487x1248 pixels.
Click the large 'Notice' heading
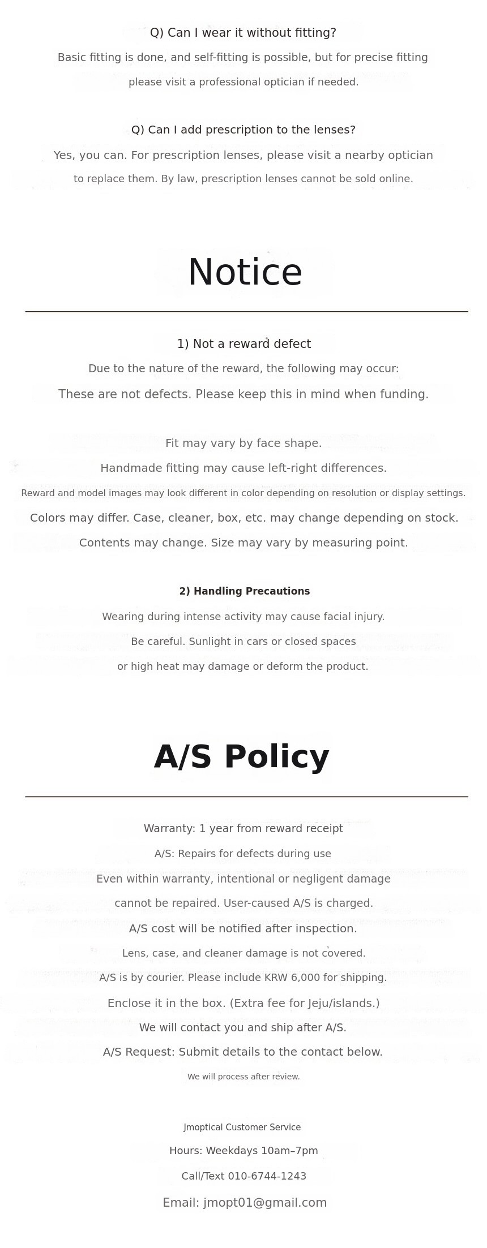pyautogui.click(x=245, y=273)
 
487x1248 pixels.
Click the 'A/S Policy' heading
pyautogui.click(x=242, y=757)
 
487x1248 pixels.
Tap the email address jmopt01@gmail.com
pyautogui.click(x=264, y=1202)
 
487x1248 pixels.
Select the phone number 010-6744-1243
pyautogui.click(x=267, y=1176)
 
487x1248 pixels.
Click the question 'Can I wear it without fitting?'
pyautogui.click(x=243, y=33)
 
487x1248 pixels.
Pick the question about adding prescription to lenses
pyautogui.click(x=243, y=130)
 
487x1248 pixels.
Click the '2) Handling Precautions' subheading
pyautogui.click(x=244, y=591)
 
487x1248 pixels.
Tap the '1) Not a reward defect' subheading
pyautogui.click(x=244, y=344)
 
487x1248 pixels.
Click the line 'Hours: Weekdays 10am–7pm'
pyautogui.click(x=244, y=1150)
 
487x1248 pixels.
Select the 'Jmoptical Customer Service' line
pyautogui.click(x=242, y=1127)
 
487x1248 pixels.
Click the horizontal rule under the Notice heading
pyautogui.click(x=246, y=311)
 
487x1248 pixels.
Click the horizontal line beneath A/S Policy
pyautogui.click(x=246, y=797)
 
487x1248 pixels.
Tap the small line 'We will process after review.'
pyautogui.click(x=244, y=1077)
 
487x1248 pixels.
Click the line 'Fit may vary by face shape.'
pyautogui.click(x=244, y=443)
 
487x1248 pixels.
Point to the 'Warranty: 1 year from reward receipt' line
pyautogui.click(x=243, y=828)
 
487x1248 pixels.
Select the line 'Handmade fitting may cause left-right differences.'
pyautogui.click(x=244, y=468)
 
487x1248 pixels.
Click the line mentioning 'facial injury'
pyautogui.click(x=243, y=617)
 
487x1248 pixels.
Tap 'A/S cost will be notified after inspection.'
pyautogui.click(x=243, y=928)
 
